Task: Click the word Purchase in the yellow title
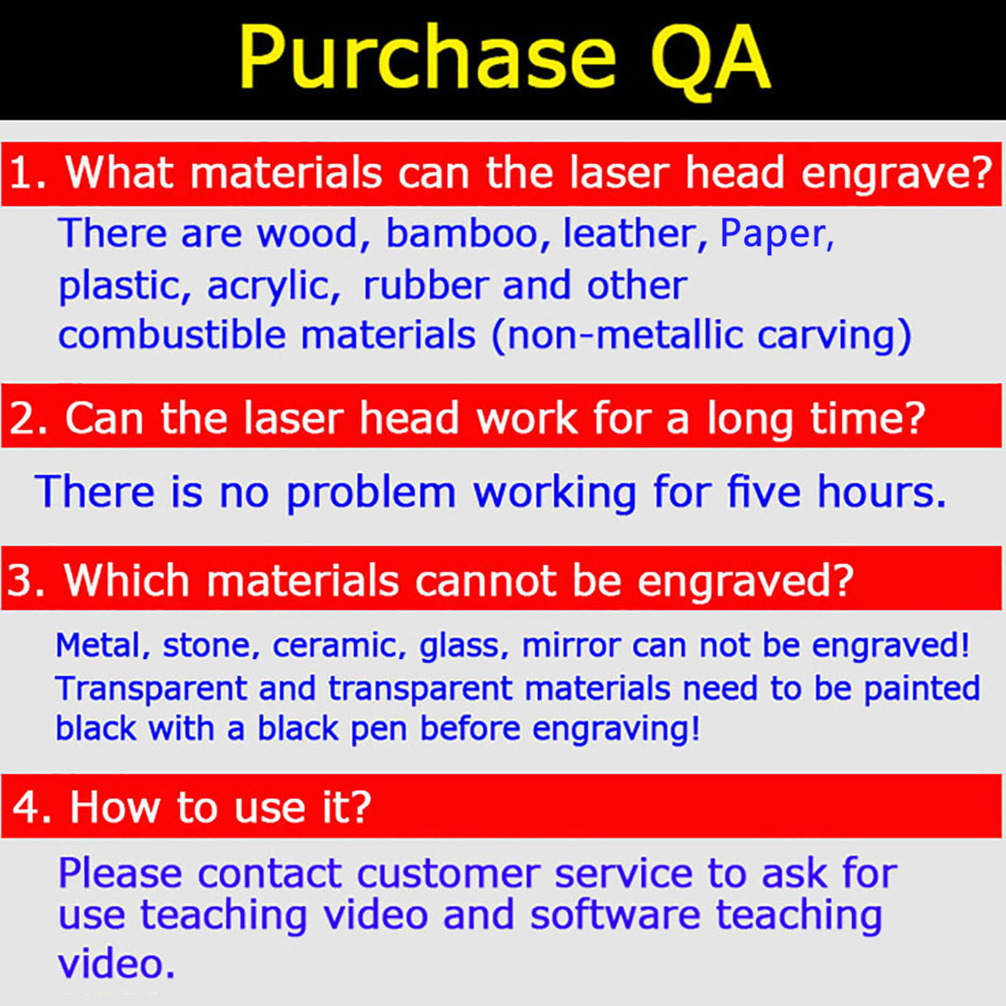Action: pyautogui.click(x=427, y=58)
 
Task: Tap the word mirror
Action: pyautogui.click(x=571, y=646)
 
